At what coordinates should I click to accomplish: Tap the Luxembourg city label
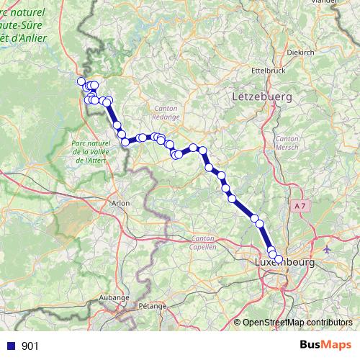coord(284,264)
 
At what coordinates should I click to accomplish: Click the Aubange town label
coord(114,297)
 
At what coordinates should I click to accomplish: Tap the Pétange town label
coord(152,305)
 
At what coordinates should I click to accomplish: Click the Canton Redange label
coord(166,112)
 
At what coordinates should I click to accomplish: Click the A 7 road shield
coord(300,207)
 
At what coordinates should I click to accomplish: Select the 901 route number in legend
coord(30,346)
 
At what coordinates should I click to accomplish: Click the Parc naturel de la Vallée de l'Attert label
coord(90,152)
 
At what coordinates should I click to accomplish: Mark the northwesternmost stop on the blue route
coord(81,81)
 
